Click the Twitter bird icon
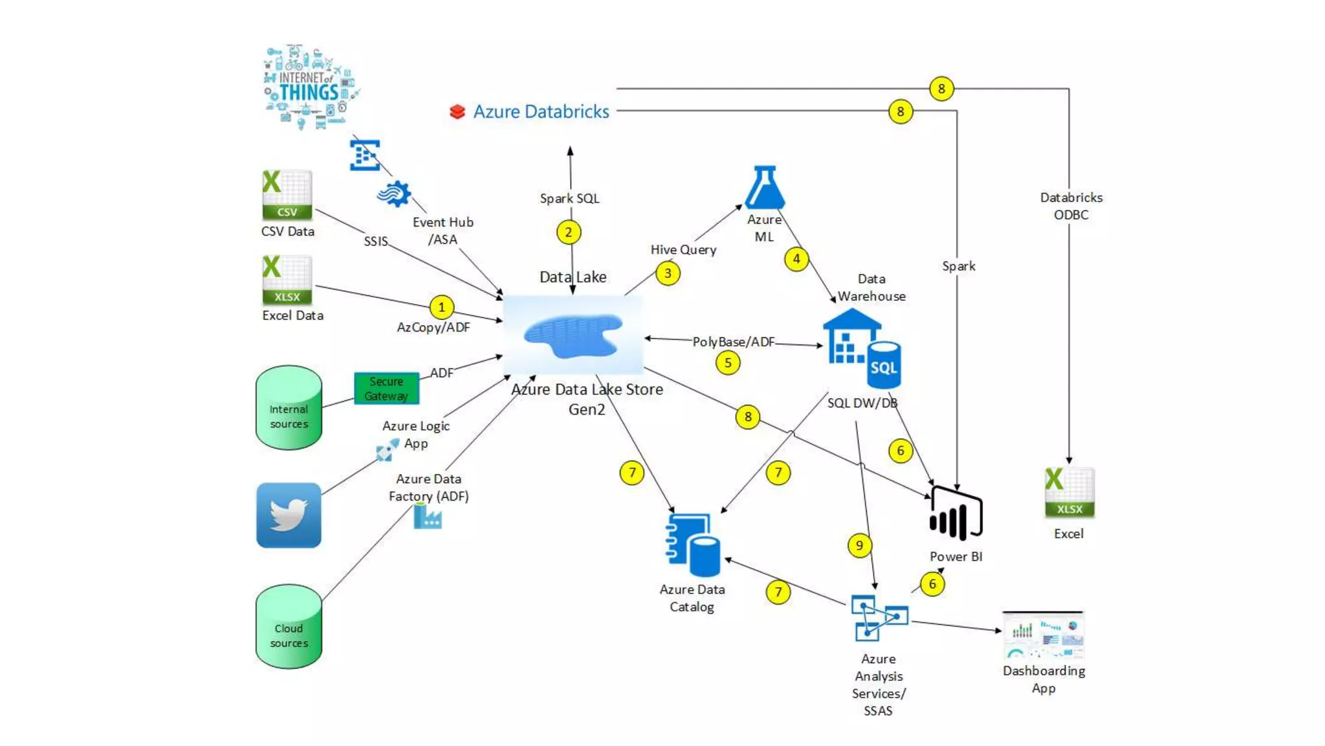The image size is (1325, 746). (x=289, y=515)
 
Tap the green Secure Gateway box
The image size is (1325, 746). (x=386, y=389)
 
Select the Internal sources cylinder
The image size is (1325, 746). (x=289, y=408)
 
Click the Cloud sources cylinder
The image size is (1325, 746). (x=289, y=627)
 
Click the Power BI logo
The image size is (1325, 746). (x=956, y=515)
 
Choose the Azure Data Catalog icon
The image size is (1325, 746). (x=692, y=545)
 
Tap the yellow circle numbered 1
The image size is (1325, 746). (x=442, y=307)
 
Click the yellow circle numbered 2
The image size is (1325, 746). (x=569, y=232)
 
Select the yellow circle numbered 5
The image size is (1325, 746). (x=728, y=363)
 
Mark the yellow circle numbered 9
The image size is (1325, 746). (x=859, y=545)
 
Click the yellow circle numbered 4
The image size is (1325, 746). (x=796, y=259)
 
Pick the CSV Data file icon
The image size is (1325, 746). (x=287, y=195)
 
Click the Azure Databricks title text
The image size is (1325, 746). (x=541, y=111)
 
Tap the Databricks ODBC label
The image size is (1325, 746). (x=1071, y=206)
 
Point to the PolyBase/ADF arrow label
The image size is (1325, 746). (x=733, y=341)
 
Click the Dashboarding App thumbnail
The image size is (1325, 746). (x=1043, y=636)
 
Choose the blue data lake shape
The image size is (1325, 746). (x=573, y=335)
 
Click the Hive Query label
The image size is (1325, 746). (x=683, y=249)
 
